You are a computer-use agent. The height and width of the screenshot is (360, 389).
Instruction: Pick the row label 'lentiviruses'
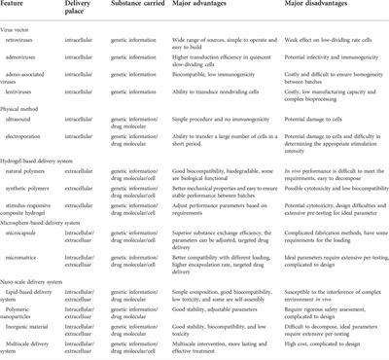(x=31, y=106)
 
